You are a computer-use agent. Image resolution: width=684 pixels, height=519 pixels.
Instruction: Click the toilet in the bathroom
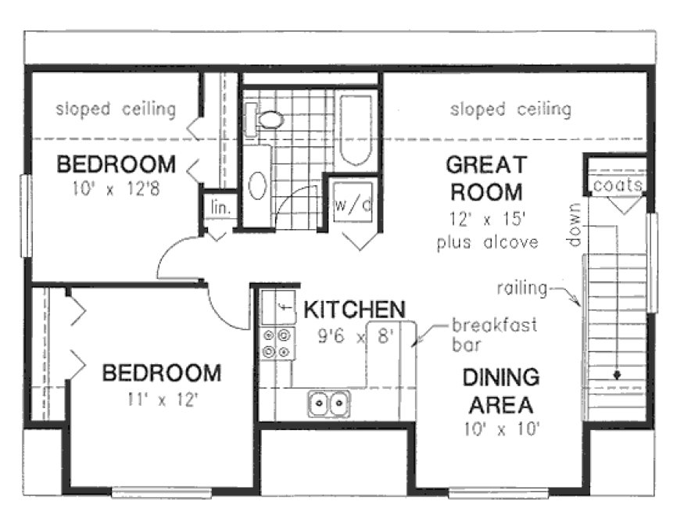click(x=268, y=120)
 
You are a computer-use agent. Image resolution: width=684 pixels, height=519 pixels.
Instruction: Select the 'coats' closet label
click(x=618, y=186)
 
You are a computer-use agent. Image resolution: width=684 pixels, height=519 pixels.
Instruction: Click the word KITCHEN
click(x=354, y=310)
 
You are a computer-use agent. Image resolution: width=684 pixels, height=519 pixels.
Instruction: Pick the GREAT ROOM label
click(x=485, y=178)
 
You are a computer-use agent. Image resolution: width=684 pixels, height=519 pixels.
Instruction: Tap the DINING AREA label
click(x=500, y=392)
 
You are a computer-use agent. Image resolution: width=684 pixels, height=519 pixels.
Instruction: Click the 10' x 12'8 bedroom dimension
click(x=115, y=190)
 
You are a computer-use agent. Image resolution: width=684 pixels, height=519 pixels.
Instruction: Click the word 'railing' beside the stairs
click(x=521, y=288)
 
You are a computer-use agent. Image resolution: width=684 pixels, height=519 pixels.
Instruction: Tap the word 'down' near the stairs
click(x=576, y=226)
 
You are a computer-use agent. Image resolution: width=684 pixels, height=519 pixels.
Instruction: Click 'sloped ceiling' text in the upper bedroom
click(x=116, y=109)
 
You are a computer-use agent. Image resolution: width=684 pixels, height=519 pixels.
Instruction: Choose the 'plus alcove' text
click(x=488, y=242)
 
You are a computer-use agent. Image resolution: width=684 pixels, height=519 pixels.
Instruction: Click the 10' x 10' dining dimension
click(x=501, y=428)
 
